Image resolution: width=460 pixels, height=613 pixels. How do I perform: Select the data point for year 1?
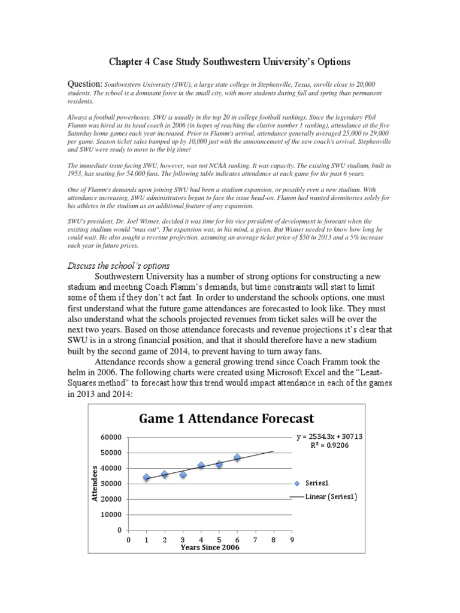click(147, 478)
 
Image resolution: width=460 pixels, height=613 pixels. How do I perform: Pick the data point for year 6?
click(237, 457)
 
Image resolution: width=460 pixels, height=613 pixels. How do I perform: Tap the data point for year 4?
click(201, 465)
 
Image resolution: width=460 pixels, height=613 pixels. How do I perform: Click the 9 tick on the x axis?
click(292, 541)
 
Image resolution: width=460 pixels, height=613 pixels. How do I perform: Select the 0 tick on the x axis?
click(129, 541)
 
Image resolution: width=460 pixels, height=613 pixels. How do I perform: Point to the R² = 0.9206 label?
click(330, 446)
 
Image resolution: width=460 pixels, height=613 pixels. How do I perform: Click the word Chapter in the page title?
click(126, 62)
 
